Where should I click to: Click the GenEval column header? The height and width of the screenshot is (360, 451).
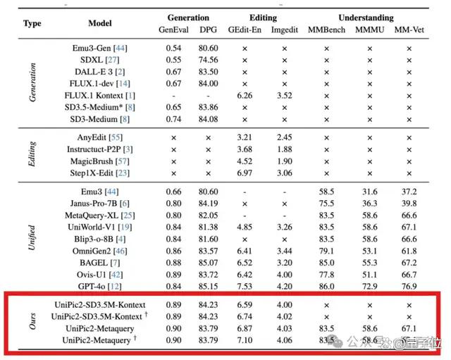173,30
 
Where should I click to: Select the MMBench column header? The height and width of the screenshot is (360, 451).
326,30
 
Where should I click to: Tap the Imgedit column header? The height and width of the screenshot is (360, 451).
285,30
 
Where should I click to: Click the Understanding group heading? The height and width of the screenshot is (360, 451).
366,18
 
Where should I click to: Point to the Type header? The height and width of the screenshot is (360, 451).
32,23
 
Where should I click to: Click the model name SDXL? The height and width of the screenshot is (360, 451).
91,60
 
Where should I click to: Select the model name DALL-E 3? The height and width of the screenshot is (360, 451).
94,72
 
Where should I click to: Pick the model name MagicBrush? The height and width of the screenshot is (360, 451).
92,161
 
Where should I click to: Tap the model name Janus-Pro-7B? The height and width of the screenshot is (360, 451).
94,204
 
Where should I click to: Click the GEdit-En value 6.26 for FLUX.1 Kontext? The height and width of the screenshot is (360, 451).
245,96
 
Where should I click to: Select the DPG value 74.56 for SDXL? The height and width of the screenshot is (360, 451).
208,60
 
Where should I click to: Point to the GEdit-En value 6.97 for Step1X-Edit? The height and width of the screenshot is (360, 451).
245,173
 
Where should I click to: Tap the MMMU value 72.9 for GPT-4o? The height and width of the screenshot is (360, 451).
369,287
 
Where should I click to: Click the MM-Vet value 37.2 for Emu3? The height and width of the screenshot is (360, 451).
409,192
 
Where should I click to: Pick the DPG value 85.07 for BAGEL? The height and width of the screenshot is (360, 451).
208,263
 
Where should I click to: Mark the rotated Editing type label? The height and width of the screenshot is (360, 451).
32,154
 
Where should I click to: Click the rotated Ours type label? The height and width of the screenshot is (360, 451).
32,321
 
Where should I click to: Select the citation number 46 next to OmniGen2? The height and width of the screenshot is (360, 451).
120,251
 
